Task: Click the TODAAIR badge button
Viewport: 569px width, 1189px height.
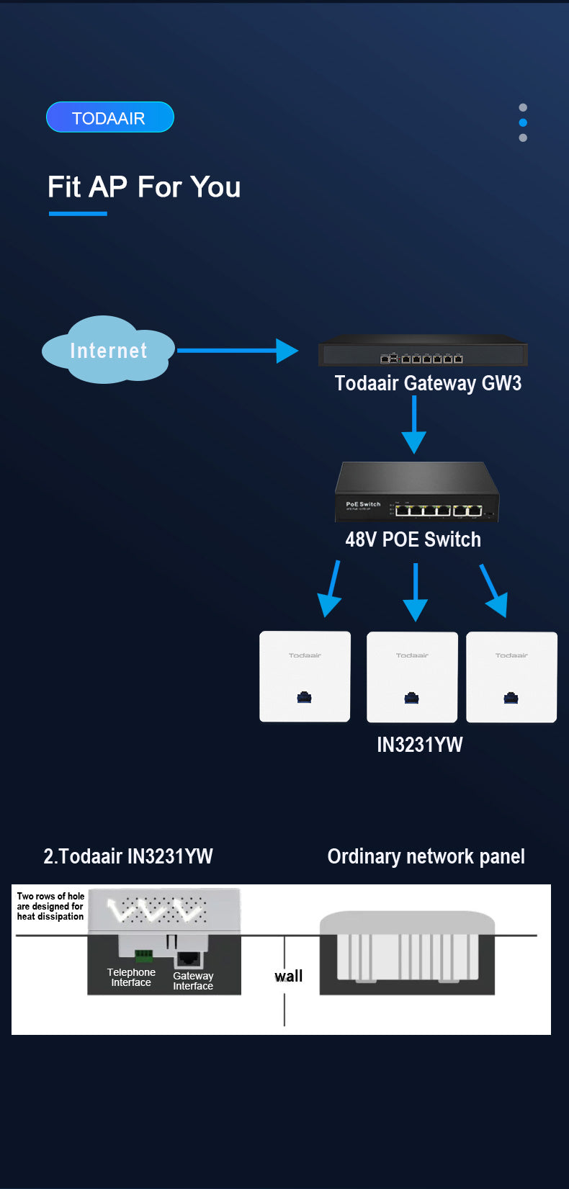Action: click(x=109, y=117)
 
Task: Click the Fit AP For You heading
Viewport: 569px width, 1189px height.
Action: click(x=144, y=187)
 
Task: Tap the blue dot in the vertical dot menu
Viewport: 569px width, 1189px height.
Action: click(x=523, y=122)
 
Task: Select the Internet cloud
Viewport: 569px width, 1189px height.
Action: click(x=108, y=351)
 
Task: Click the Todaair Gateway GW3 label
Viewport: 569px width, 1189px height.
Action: click(x=428, y=383)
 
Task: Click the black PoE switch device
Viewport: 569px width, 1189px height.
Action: click(x=416, y=493)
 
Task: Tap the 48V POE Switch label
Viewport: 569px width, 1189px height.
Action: click(x=413, y=539)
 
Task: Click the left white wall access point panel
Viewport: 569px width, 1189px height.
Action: click(x=305, y=676)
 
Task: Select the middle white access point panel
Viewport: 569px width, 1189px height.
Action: click(x=412, y=676)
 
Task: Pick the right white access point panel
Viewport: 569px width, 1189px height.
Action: click(x=511, y=676)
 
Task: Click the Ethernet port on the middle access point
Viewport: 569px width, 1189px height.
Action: click(x=412, y=697)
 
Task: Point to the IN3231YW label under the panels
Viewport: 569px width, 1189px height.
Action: click(x=419, y=745)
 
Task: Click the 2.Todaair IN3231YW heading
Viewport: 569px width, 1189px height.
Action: click(x=128, y=856)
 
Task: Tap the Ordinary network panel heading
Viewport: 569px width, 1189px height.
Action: click(x=426, y=856)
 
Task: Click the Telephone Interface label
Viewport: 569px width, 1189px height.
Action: click(x=131, y=977)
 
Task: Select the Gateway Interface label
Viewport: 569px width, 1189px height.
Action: click(x=193, y=981)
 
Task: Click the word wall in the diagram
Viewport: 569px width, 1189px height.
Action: click(x=288, y=977)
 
